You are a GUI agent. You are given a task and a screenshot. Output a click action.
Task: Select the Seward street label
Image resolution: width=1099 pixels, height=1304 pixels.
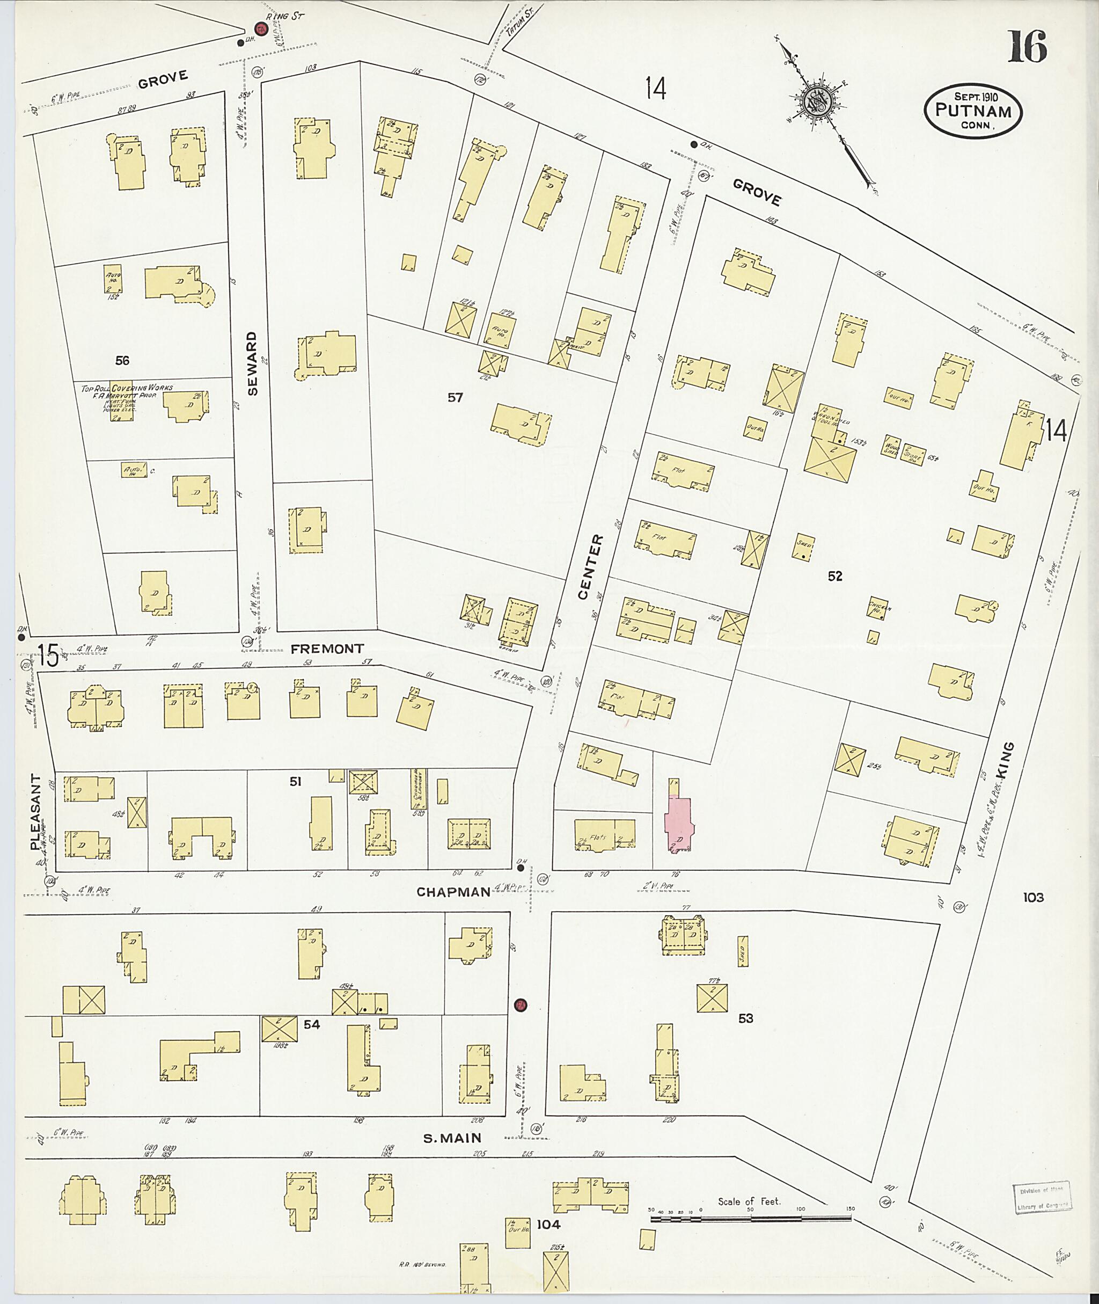[x=252, y=363]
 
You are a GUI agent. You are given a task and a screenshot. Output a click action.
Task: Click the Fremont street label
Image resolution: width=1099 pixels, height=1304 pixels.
[x=327, y=649]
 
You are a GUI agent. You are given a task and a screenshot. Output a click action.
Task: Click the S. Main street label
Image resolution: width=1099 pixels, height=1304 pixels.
[x=452, y=1138]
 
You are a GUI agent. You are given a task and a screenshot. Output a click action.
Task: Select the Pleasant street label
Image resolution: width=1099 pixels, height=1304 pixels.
[x=35, y=813]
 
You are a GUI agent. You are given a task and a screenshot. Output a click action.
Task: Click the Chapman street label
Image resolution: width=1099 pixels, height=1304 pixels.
[x=453, y=892]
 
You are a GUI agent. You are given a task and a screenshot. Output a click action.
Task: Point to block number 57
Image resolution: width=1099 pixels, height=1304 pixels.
[x=456, y=397]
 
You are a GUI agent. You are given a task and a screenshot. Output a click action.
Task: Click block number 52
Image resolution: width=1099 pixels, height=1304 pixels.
[x=835, y=576]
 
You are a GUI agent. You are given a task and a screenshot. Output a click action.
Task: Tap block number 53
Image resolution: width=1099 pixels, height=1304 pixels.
[x=745, y=1018]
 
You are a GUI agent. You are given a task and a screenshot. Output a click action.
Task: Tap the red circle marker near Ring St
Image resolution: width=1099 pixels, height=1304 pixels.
[x=260, y=28]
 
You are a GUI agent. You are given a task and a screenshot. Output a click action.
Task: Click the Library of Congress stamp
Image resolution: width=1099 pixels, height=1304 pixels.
[x=1042, y=1198]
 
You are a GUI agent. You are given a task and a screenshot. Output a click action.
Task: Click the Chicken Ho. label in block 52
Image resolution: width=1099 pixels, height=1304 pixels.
[x=878, y=607]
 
